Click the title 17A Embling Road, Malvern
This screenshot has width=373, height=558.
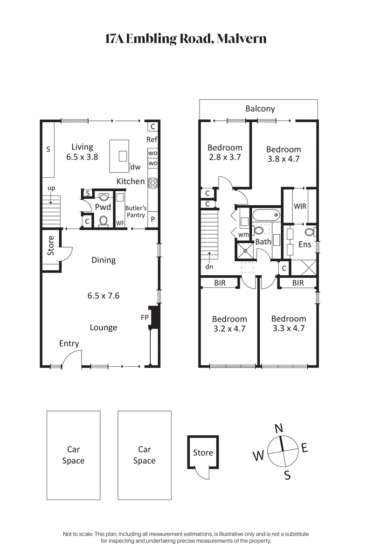coord(186,38)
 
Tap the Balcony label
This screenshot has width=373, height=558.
coord(260,109)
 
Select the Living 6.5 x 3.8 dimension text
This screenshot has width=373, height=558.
coord(82,157)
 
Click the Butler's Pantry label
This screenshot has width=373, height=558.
coord(136,212)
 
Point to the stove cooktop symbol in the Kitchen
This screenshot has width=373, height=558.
coord(152,183)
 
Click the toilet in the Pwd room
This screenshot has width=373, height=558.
coord(104,220)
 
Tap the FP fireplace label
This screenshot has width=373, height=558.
coord(145,317)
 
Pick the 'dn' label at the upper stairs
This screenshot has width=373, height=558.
coord(209,267)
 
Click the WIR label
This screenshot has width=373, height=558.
coord(300,206)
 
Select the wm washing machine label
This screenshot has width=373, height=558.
coord(243,234)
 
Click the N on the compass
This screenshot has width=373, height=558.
coord(279,428)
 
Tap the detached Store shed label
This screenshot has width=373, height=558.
coord(203,453)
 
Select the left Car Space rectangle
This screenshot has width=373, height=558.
coord(73,455)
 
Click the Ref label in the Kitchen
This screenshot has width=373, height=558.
coord(152,139)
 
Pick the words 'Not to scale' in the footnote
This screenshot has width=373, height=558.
coord(77,534)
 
